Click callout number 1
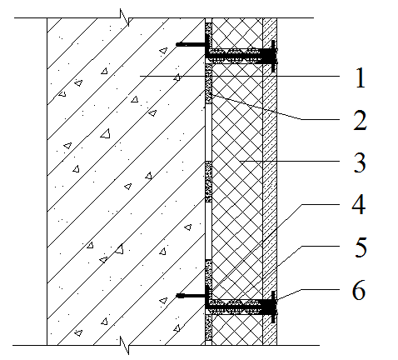tap(361, 78)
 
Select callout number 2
tap(360, 120)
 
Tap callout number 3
tap(360, 162)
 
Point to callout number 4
tap(359, 205)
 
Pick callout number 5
tap(361, 247)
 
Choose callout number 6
tap(359, 290)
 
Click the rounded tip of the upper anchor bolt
tap(179, 44)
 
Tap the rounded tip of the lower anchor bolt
tap(179, 296)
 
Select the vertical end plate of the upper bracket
tap(273, 57)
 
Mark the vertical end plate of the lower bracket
tap(273, 307)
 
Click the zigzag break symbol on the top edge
tap(125, 17)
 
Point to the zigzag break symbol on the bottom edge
tap(125, 345)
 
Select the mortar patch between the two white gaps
tap(208, 182)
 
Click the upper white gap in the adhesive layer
tap(208, 132)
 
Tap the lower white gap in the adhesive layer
tap(208, 231)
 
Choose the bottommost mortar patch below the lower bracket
tap(208, 327)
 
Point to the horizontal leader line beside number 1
tap(240, 76)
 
